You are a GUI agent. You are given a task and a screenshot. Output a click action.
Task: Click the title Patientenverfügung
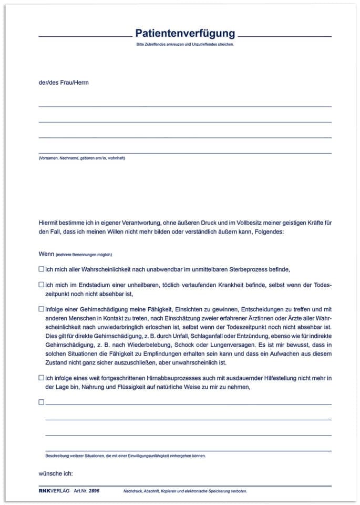point(185,34)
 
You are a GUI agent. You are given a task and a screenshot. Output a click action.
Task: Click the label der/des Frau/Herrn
point(60,83)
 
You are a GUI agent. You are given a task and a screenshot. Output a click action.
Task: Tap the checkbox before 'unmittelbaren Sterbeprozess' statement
point(42,269)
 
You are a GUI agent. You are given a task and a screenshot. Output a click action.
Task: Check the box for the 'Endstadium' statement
point(42,285)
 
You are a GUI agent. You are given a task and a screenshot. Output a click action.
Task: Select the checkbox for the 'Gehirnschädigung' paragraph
point(42,309)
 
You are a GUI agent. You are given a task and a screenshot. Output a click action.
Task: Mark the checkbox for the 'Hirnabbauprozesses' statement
point(42,378)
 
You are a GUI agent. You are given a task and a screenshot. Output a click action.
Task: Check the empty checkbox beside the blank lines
point(42,402)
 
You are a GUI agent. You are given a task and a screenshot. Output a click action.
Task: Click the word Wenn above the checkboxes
point(46,254)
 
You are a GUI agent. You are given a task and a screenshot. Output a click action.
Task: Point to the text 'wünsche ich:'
point(56,473)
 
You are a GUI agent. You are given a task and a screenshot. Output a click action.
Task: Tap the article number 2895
point(94,490)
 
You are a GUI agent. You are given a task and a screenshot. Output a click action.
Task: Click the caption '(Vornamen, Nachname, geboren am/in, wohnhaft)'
point(81,158)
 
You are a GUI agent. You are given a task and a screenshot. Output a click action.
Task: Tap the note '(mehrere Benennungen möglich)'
point(84,254)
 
